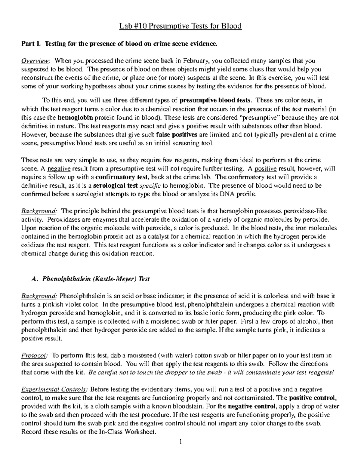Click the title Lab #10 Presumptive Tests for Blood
(180, 26)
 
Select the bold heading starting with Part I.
(119, 44)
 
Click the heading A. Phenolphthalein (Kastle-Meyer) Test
(90, 279)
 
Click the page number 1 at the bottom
(180, 442)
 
